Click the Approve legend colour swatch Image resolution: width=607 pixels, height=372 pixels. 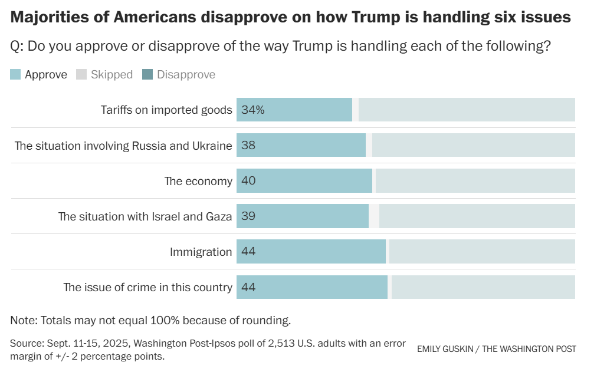(x=16, y=74)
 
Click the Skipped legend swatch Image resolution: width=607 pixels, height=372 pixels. (x=82, y=74)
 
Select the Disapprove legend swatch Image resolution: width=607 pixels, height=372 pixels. (x=148, y=74)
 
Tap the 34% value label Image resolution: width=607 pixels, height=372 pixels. (x=252, y=110)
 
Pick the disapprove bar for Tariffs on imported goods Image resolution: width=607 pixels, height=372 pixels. (x=466, y=110)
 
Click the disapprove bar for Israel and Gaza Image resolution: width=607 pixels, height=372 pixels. (x=477, y=216)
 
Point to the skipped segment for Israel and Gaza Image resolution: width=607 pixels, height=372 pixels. (x=374, y=216)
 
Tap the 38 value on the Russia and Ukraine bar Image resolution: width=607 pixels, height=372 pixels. (x=248, y=145)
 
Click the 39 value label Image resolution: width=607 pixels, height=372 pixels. (x=248, y=216)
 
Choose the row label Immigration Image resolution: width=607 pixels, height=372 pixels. (x=201, y=252)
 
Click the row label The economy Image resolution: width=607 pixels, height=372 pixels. (x=198, y=181)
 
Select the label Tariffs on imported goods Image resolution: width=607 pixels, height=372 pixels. (x=166, y=110)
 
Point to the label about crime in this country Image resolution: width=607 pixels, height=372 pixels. (x=148, y=288)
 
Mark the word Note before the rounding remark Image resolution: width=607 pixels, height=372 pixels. (x=22, y=321)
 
